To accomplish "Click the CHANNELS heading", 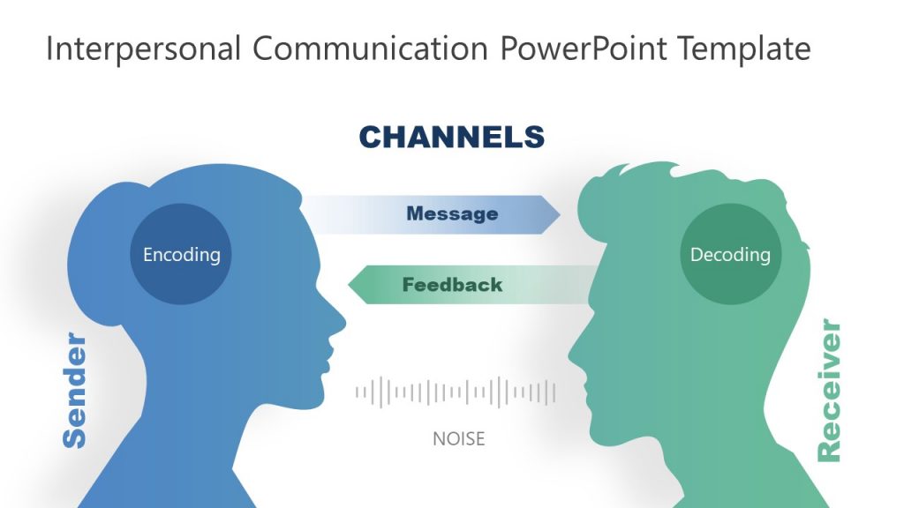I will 451,137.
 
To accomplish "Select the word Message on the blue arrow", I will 452,213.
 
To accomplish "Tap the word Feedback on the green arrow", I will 452,285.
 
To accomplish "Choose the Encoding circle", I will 181,254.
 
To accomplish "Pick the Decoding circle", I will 730,254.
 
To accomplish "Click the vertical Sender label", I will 75,390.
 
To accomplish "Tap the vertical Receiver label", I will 829,391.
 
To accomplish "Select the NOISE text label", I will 458,438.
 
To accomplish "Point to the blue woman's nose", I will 341,322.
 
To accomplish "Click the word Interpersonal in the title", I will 142,49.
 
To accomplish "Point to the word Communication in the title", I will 372,49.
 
